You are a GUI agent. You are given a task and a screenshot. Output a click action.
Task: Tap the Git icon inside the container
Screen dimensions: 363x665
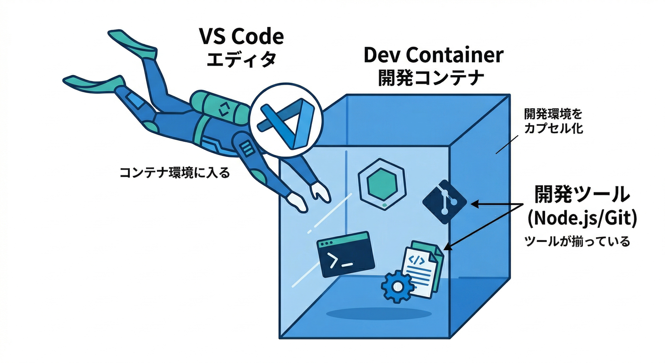click(444, 202)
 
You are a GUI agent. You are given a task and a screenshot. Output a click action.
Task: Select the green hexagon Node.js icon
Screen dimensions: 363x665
click(382, 185)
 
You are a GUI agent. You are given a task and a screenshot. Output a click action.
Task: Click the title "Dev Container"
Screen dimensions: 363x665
click(433, 55)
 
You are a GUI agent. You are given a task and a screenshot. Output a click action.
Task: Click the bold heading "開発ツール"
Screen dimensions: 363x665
click(582, 194)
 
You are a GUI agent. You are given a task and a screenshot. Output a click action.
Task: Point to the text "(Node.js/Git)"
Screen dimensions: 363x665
click(582, 218)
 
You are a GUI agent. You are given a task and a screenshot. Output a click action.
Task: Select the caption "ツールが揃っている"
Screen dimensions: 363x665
click(577, 242)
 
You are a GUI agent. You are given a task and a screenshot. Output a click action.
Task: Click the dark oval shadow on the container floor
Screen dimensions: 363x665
click(378, 313)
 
